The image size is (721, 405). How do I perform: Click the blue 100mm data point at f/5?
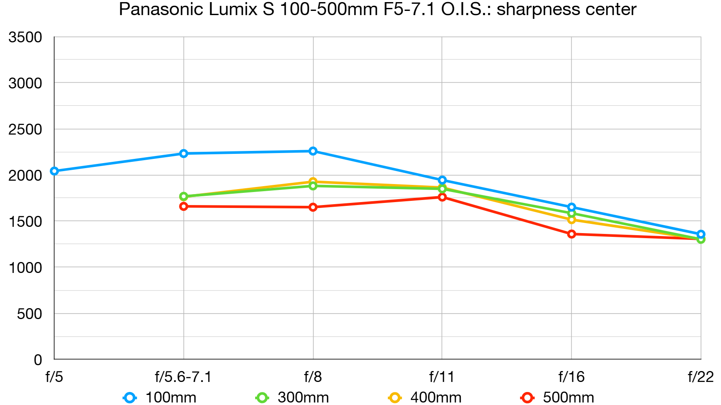pyautogui.click(x=54, y=171)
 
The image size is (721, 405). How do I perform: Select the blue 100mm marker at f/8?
pyautogui.click(x=313, y=151)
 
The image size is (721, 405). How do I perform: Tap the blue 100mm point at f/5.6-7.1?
pyautogui.click(x=183, y=153)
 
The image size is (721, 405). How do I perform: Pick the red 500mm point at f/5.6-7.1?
pyautogui.click(x=183, y=206)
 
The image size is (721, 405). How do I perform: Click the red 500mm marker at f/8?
pyautogui.click(x=313, y=207)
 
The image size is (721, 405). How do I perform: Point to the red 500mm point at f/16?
pyautogui.click(x=572, y=234)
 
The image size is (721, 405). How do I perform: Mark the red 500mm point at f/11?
pyautogui.click(x=442, y=197)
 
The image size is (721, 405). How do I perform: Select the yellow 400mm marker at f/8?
pyautogui.click(x=313, y=182)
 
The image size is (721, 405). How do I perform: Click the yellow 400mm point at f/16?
pyautogui.click(x=572, y=220)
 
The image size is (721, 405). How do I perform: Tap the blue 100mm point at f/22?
pyautogui.click(x=701, y=234)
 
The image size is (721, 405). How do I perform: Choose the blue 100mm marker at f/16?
pyautogui.click(x=572, y=207)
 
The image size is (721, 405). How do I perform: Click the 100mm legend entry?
pyautogui.click(x=160, y=397)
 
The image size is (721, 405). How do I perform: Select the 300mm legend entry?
pyautogui.click(x=293, y=397)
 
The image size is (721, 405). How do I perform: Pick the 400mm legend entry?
pyautogui.click(x=425, y=397)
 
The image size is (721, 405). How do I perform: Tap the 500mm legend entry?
pyautogui.click(x=558, y=397)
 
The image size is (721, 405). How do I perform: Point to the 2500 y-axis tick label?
pyautogui.click(x=25, y=130)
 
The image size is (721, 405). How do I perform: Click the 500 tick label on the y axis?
pyautogui.click(x=29, y=314)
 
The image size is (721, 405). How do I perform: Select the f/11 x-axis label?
pyautogui.click(x=442, y=377)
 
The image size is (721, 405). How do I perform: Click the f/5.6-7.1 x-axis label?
pyautogui.click(x=183, y=377)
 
